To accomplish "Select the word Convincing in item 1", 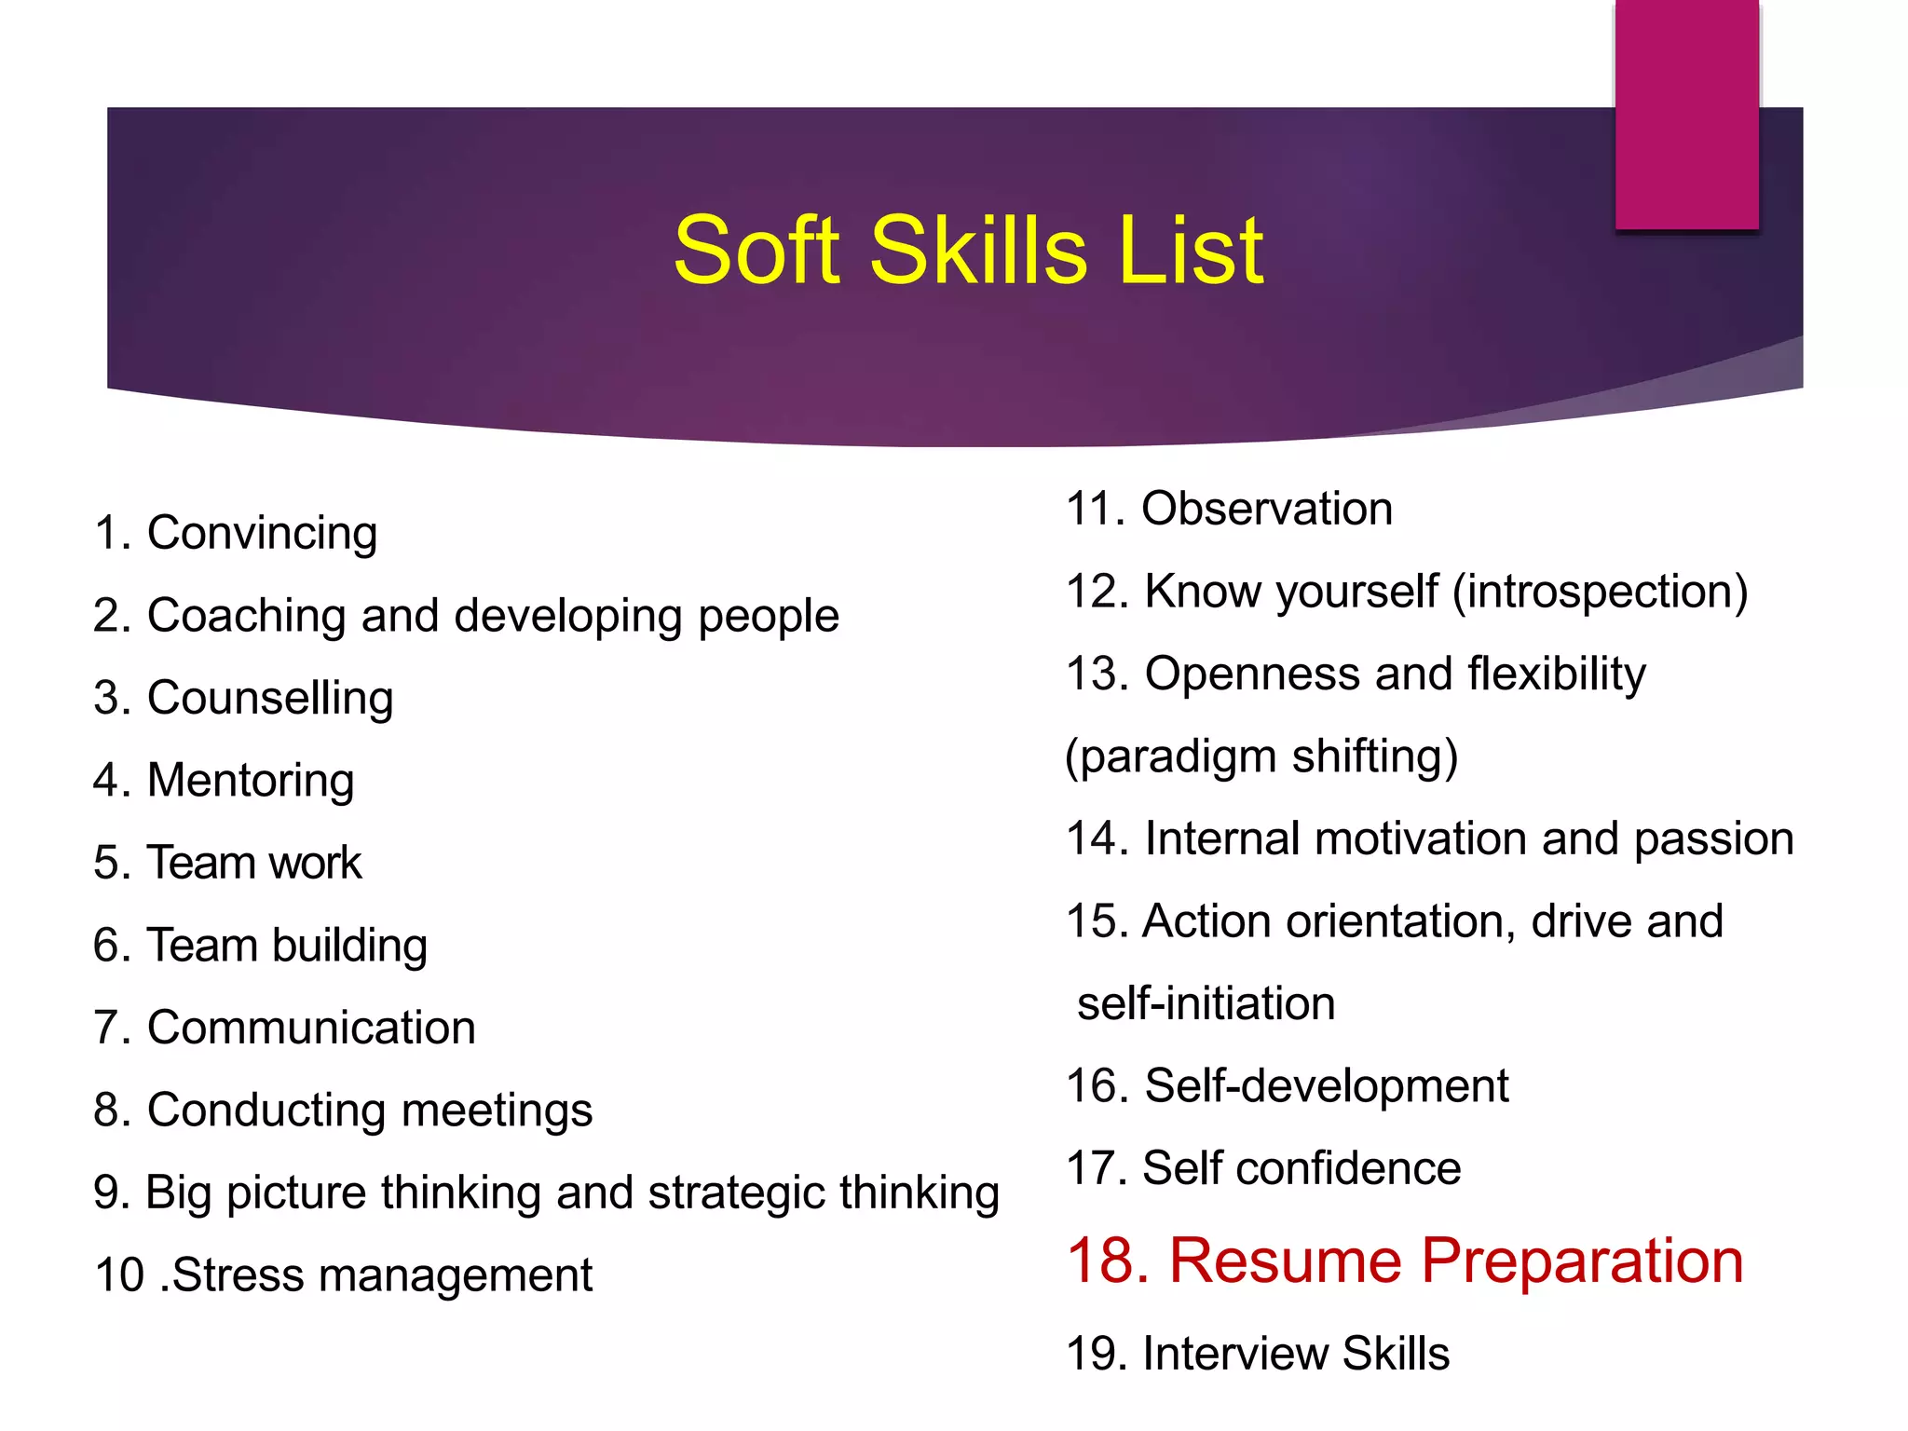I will point(262,534).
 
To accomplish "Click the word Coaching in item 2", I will point(246,616).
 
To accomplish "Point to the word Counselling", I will point(270,699).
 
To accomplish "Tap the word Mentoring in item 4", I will point(251,781).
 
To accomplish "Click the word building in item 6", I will point(349,946).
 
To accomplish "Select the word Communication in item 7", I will point(311,1028).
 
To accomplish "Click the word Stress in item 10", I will point(237,1274).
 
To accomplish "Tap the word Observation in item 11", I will point(1267,510).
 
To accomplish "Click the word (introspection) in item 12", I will point(1600,592).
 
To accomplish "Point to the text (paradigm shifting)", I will point(1261,756).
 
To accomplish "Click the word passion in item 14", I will point(1713,838).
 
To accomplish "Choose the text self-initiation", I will point(1206,1003).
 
